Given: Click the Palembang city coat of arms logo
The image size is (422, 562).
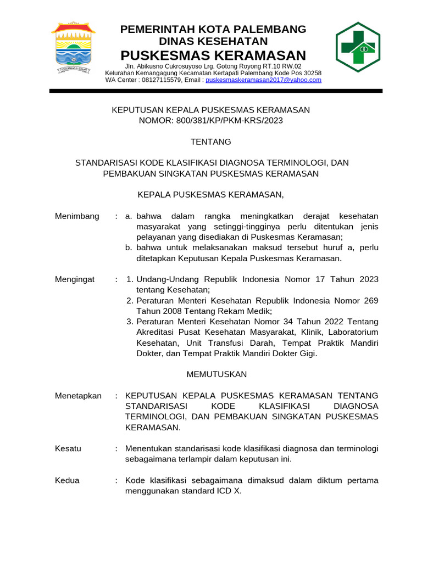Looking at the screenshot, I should (x=73, y=48).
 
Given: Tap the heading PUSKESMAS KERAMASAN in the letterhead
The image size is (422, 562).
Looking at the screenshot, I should (x=213, y=55).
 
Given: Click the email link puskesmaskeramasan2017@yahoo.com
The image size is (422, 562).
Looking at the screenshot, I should (x=263, y=80).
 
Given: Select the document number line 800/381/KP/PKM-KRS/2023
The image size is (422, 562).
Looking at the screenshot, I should (x=212, y=120).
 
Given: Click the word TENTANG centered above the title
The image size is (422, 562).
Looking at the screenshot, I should (x=211, y=142).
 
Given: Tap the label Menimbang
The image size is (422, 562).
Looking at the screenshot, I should (x=77, y=216).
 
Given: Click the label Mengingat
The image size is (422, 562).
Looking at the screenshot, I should (x=75, y=279).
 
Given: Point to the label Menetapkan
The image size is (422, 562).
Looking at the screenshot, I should (x=78, y=396).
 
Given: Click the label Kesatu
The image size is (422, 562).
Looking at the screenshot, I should (x=68, y=448).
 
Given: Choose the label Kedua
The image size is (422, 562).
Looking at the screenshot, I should (x=67, y=480).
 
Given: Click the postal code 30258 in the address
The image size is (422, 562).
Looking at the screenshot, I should (x=312, y=73).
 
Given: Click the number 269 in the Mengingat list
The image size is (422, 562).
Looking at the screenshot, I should (x=371, y=301).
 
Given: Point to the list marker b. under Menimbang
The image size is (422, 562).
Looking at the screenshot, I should (x=129, y=248).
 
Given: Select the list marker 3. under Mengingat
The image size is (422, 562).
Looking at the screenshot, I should (x=130, y=322).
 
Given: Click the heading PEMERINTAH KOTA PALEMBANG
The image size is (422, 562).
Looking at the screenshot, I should (x=213, y=29).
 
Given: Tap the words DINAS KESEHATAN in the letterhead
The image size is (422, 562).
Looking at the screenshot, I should (x=213, y=42).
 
